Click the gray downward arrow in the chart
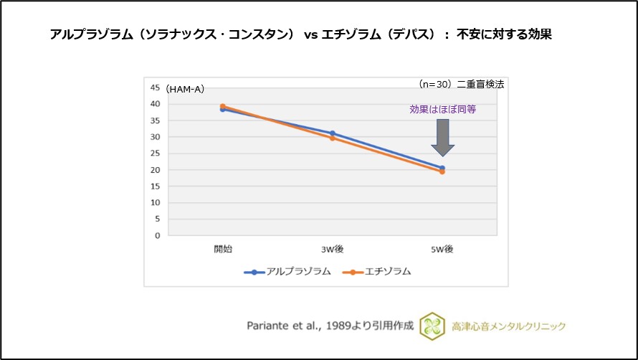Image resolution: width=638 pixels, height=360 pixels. pos(442,137)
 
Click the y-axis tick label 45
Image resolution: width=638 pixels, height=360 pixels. pos(155,87)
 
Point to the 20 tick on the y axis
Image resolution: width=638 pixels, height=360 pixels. pos(155,170)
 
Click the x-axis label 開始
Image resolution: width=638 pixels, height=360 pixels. pos(223,249)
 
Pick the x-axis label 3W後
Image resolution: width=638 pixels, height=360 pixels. pos(332,249)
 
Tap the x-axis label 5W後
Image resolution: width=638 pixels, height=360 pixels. pos(442,249)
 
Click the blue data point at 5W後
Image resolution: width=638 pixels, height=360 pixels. pos(442,168)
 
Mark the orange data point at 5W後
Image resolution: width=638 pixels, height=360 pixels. pos(442,172)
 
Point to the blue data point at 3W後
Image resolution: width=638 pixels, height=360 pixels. pos(333,133)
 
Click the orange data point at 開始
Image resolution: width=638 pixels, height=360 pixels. pos(223,106)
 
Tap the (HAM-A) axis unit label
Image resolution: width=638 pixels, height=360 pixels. pos(185,89)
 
